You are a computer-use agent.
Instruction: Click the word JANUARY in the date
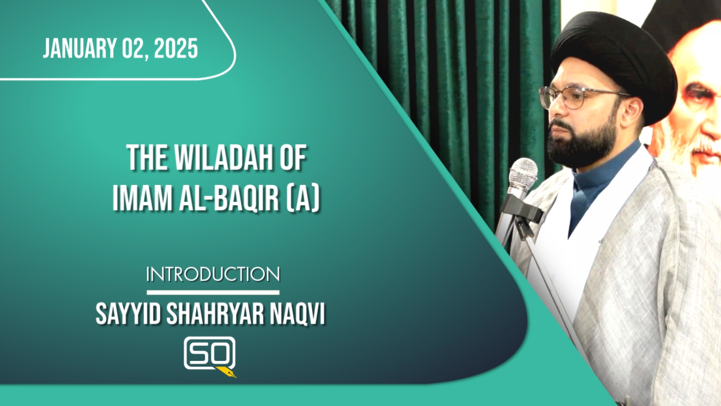click(x=80, y=49)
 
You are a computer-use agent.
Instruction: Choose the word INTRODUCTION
click(x=213, y=274)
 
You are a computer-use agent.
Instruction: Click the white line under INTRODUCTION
click(x=213, y=292)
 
